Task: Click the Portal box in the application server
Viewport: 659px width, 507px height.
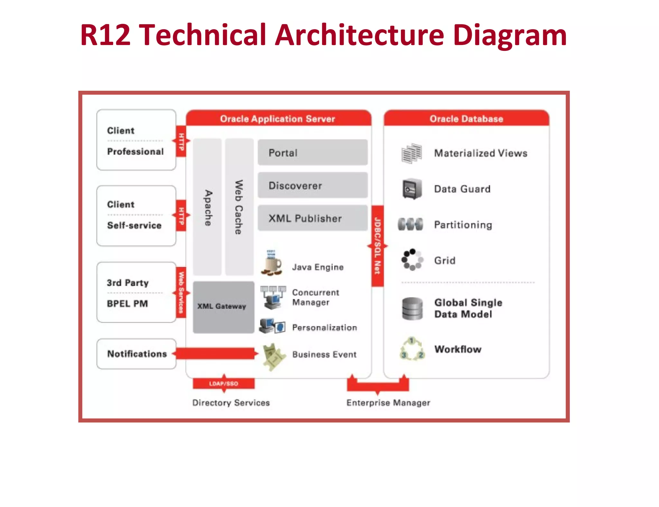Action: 312,152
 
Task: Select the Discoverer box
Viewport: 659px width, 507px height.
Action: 312,185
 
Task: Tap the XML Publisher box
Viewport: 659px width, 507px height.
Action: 312,218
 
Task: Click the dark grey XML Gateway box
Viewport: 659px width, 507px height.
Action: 223,307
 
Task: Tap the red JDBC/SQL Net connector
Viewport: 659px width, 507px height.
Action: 377,246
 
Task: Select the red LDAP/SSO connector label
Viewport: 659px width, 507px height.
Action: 224,383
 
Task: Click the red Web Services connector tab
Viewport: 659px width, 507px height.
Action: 181,292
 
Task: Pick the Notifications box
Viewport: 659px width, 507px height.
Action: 136,354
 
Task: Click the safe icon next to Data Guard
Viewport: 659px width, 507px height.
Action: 412,189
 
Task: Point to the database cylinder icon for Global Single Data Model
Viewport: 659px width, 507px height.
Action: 412,309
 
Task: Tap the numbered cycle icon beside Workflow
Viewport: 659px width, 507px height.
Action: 412,349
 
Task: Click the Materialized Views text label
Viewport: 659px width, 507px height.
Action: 480,153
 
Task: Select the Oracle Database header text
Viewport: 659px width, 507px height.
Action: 466,119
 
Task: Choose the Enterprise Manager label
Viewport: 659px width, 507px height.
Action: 388,403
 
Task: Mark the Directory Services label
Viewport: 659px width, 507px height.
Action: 231,403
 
